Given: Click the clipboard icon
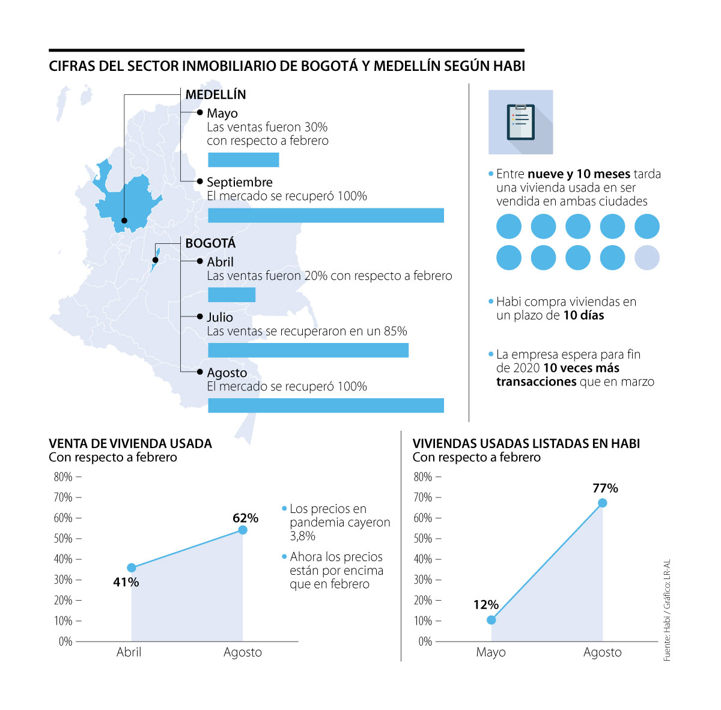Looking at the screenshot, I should click(x=520, y=122).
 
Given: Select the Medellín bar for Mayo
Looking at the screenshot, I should click(x=243, y=160).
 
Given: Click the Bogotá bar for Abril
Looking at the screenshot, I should click(x=231, y=295).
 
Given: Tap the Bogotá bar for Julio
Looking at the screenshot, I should click(x=308, y=350).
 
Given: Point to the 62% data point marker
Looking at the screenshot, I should click(x=243, y=530).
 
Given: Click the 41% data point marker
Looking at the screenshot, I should click(x=132, y=568).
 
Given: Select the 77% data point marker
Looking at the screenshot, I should click(x=602, y=503).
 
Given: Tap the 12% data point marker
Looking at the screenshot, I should click(x=491, y=620).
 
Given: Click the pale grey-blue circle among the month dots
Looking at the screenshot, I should click(x=647, y=258).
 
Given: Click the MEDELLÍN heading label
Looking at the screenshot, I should click(x=216, y=95).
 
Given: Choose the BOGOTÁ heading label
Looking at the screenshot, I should click(x=210, y=243).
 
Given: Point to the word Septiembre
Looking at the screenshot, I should click(x=240, y=182).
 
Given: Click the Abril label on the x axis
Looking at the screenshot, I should click(x=129, y=652).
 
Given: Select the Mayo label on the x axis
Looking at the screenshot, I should click(x=491, y=652).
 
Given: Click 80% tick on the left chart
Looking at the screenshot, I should click(x=63, y=477).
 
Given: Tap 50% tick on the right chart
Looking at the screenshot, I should click(x=423, y=539).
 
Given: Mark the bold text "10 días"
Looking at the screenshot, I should click(x=583, y=315).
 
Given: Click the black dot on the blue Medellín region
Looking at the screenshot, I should click(x=124, y=220).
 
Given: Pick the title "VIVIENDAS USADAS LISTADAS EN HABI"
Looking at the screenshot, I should click(x=526, y=444).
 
